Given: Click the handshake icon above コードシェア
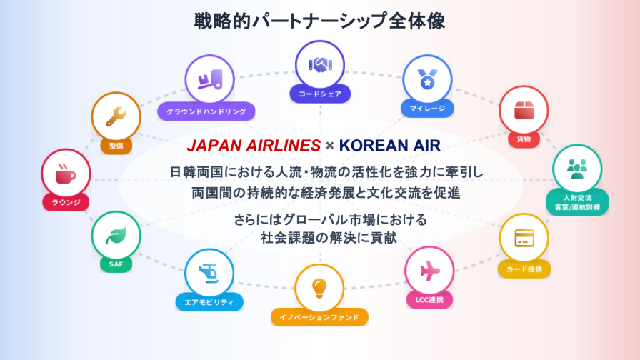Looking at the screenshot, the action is (320, 65).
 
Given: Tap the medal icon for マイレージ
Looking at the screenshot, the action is (427, 79).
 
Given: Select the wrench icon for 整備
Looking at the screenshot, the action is (116, 116).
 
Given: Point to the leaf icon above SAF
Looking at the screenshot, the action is (116, 236).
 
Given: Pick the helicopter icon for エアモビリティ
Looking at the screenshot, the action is (209, 273).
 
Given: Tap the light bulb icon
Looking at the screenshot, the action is (319, 288).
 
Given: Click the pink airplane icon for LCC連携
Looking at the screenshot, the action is (429, 270).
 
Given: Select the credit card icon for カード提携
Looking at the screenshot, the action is (524, 238).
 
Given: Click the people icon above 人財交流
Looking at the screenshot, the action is (577, 169).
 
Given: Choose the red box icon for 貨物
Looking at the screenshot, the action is (524, 110).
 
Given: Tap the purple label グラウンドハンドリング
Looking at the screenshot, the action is (206, 111).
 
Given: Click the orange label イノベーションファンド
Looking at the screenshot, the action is (319, 317).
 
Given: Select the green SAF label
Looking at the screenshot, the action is (116, 264).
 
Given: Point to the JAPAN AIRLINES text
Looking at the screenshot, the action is (254, 146).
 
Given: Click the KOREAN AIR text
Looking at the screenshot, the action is (390, 146).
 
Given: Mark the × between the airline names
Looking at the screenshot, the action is (330, 146).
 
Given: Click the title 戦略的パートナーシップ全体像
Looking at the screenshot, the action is (319, 21).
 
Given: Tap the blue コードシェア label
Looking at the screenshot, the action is (320, 94).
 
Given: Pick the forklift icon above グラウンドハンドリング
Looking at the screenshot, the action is (210, 79).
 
